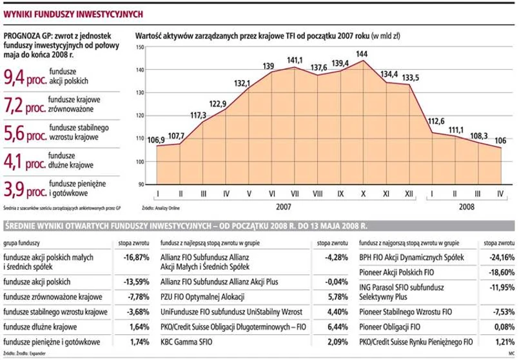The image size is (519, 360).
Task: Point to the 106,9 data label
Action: (x=157, y=140)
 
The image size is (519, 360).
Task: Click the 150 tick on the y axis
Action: (x=141, y=46)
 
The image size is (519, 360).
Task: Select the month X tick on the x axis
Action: (x=363, y=194)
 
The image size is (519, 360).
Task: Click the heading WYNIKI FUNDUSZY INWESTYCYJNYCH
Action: (x=74, y=13)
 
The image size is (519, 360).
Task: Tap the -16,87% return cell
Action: (x=136, y=257)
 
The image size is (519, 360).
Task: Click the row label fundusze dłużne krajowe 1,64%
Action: (x=40, y=326)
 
